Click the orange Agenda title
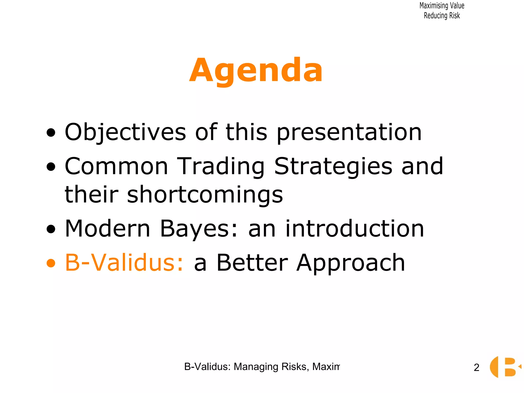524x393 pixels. click(x=256, y=70)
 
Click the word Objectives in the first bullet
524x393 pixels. click(x=125, y=132)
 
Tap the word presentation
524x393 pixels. click(x=349, y=133)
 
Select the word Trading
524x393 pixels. click(x=221, y=167)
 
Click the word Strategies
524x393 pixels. click(x=333, y=167)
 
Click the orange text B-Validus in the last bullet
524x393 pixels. click(x=124, y=263)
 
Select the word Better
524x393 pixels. click(x=252, y=263)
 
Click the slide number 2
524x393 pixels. click(x=476, y=368)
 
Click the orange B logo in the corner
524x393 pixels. click(x=505, y=367)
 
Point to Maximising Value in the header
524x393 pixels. click(x=442, y=6)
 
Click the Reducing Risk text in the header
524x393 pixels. click(x=442, y=16)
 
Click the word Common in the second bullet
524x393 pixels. click(x=116, y=167)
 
